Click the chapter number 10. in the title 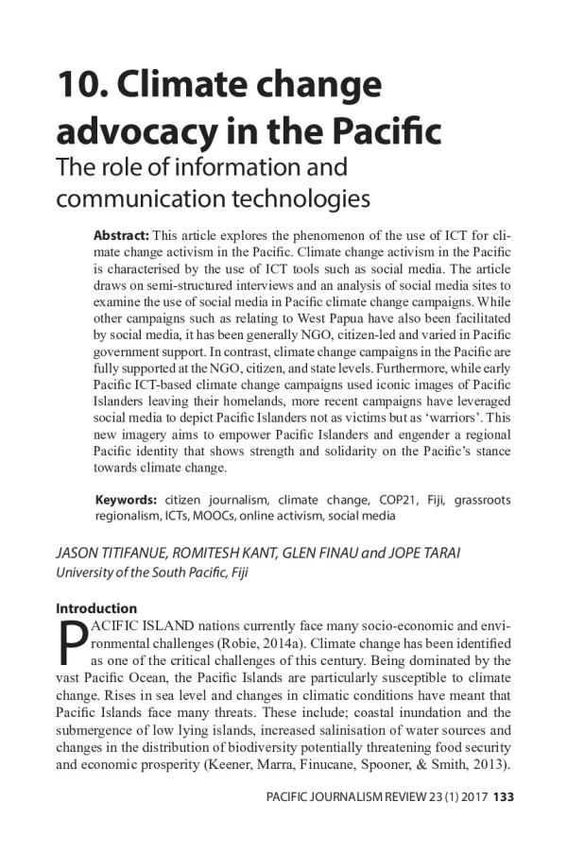[x=83, y=86]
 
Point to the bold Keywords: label [x=126, y=499]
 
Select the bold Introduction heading [x=96, y=608]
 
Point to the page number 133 [x=503, y=798]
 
